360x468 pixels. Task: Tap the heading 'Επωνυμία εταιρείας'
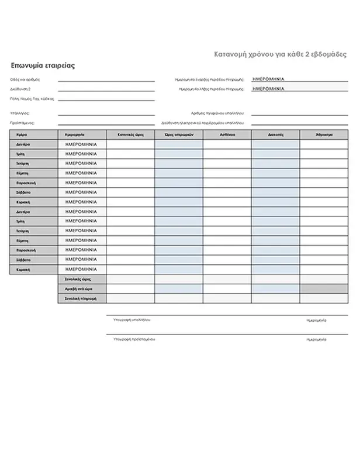pyautogui.click(x=43, y=66)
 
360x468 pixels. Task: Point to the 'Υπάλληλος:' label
pyautogui.click(x=20, y=113)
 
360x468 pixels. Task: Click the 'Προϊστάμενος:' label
pyautogui.click(x=22, y=123)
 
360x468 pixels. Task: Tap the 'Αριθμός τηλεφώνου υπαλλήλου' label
pyautogui.click(x=217, y=113)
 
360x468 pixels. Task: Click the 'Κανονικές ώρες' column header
pyautogui.click(x=130, y=135)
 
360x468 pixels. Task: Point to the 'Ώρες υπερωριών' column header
pyautogui.click(x=179, y=135)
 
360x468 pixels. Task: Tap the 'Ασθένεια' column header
pyautogui.click(x=227, y=135)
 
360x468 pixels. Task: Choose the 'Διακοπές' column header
pyautogui.click(x=275, y=135)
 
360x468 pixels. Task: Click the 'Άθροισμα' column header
pyautogui.click(x=324, y=135)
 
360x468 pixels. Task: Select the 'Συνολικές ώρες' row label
pyautogui.click(x=81, y=280)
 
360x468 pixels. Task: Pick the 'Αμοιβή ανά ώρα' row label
pyautogui.click(x=81, y=289)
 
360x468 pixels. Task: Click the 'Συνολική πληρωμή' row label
pyautogui.click(x=81, y=298)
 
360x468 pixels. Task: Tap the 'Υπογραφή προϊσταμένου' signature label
pyautogui.click(x=130, y=339)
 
